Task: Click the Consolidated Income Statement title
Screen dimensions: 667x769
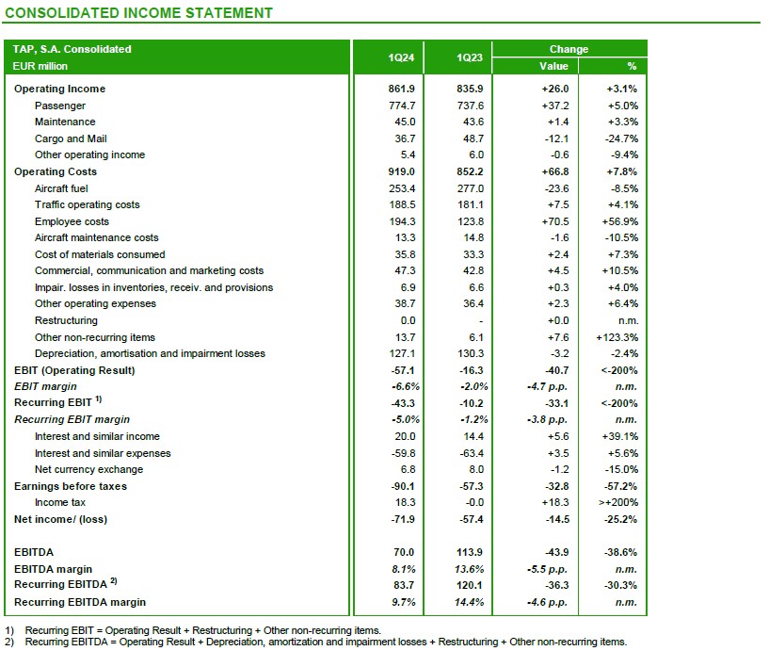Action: [x=139, y=13]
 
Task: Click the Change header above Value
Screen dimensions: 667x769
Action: [x=569, y=49]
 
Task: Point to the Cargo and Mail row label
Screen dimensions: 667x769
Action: [x=71, y=138]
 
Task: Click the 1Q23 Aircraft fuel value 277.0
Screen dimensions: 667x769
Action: [x=470, y=188]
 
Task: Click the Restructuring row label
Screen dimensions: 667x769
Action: [x=65, y=320]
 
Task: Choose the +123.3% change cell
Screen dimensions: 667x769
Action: [x=617, y=337]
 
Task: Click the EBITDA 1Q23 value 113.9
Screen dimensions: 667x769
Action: [x=470, y=552]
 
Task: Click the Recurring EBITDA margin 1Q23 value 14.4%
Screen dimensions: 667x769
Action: [x=470, y=602]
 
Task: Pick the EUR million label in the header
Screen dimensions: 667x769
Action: [x=40, y=66]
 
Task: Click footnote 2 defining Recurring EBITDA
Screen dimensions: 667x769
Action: [x=320, y=643]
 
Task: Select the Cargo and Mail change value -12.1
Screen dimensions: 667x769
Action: [x=556, y=138]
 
